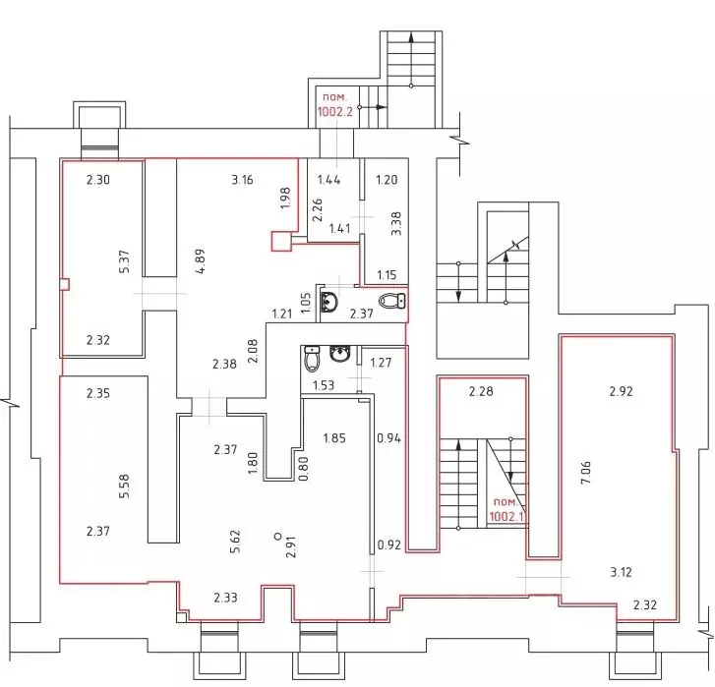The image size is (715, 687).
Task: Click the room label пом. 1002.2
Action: [335, 104]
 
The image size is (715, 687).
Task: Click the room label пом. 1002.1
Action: [506, 509]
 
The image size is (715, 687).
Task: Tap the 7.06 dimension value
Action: [586, 473]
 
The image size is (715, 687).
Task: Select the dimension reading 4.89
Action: [200, 260]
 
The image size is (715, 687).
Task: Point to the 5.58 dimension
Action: [124, 487]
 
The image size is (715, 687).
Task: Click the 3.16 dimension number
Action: [242, 180]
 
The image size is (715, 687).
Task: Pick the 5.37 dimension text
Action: [124, 261]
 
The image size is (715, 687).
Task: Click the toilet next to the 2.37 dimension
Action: [392, 301]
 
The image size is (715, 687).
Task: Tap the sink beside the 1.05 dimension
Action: [328, 302]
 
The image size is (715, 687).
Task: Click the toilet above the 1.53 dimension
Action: [312, 359]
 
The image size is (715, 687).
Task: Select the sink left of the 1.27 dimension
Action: [339, 354]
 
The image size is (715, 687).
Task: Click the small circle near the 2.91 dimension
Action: [277, 537]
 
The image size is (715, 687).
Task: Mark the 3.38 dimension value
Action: [396, 223]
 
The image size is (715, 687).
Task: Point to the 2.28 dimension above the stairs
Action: [481, 391]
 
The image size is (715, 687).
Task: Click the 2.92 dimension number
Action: [621, 391]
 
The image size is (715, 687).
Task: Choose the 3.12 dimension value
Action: [621, 572]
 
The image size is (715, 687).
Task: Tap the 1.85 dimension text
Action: [334, 438]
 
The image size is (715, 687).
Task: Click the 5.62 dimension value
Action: [235, 542]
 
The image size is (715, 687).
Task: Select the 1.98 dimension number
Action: [286, 199]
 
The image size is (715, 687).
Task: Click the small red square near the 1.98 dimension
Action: [281, 242]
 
